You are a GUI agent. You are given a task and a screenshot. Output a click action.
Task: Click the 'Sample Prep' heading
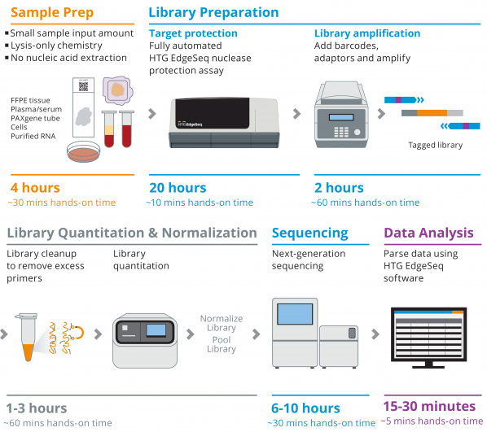52,13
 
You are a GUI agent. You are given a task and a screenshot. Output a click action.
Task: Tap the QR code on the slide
83,86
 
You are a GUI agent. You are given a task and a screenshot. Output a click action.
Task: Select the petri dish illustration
84,151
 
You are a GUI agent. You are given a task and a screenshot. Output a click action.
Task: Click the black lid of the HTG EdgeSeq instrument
213,113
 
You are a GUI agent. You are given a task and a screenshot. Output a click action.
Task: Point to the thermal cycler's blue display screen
341,117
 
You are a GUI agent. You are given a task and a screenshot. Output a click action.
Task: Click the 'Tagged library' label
436,145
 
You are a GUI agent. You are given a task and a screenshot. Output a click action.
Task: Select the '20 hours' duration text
178,188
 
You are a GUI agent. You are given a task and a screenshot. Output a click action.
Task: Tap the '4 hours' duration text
35,188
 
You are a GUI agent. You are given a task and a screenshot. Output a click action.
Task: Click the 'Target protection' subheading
193,33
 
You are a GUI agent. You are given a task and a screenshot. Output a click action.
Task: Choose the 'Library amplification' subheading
367,33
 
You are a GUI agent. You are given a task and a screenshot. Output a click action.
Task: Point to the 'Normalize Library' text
222,323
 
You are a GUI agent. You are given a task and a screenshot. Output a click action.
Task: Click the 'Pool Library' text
222,344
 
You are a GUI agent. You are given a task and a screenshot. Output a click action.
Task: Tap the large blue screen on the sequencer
295,314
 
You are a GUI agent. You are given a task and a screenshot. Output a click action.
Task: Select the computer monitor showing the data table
428,338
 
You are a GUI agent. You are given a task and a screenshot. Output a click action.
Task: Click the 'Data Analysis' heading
428,233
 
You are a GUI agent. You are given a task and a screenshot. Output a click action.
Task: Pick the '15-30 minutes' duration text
429,406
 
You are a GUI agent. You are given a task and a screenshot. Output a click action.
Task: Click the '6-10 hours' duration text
305,408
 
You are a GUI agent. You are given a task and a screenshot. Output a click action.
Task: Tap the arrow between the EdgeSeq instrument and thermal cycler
296,114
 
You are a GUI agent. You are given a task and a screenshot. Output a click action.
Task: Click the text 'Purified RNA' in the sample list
33,136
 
